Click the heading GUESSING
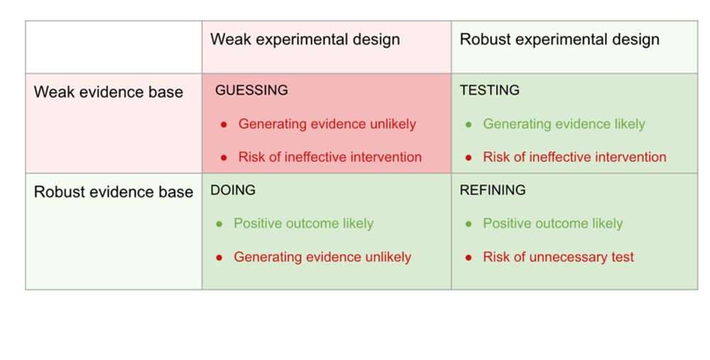[251, 90]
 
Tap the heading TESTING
[489, 90]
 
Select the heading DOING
[233, 190]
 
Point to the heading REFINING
[493, 190]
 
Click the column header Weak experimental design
[305, 39]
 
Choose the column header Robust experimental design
[559, 39]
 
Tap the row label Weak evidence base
[108, 92]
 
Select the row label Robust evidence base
[113, 192]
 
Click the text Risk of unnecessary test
[558, 257]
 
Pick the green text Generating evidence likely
[564, 124]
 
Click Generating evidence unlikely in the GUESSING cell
[327, 124]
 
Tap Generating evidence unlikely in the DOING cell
[322, 257]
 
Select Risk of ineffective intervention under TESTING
[574, 157]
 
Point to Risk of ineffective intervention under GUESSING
[330, 157]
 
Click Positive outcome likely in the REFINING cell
[553, 223]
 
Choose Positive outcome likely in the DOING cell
[303, 223]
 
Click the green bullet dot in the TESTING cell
[469, 124]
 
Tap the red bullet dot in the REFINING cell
[469, 258]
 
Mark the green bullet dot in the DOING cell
[219, 224]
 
